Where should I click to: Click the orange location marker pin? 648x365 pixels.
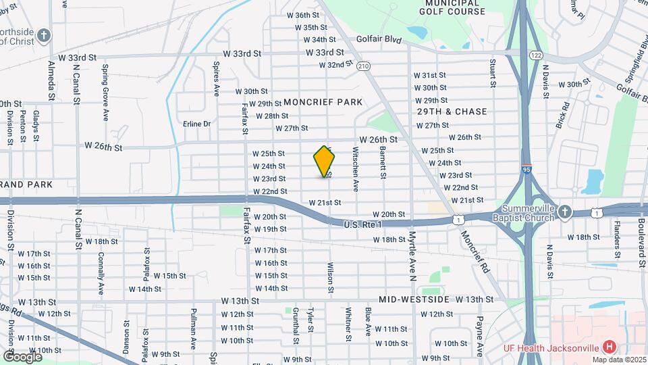[325, 162]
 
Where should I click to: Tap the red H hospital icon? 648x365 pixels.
[610, 347]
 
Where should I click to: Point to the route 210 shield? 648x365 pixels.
[364, 66]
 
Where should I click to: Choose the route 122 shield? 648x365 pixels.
[537, 54]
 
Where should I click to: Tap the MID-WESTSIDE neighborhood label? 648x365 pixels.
[414, 299]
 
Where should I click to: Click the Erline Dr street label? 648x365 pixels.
[197, 124]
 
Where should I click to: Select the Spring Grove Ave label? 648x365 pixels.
[105, 83]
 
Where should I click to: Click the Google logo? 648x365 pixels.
[22, 356]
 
